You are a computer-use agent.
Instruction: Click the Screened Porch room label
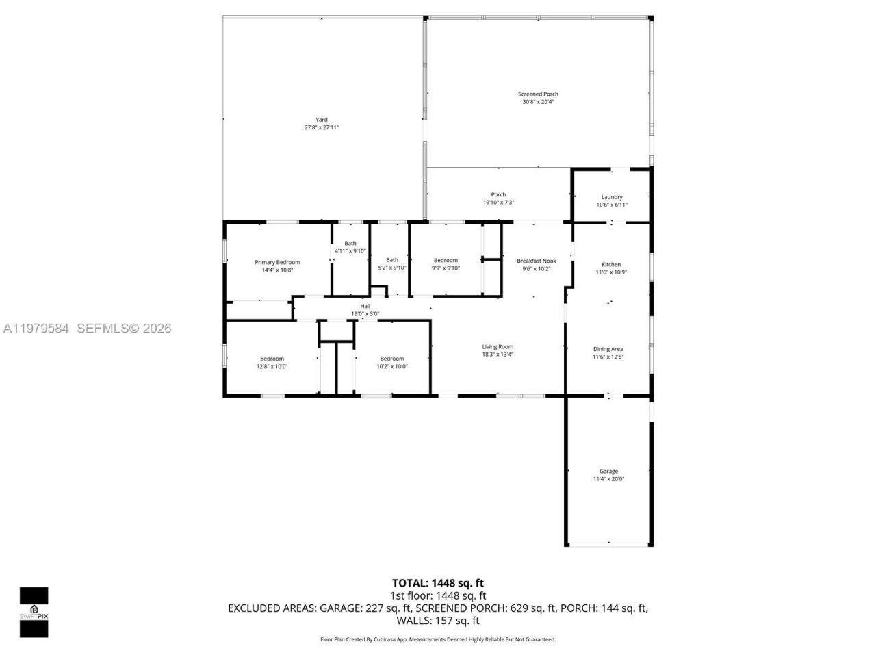click(538, 94)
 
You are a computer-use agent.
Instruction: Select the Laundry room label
click(611, 197)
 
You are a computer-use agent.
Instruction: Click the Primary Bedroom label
click(277, 262)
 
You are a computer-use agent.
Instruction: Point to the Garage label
click(608, 472)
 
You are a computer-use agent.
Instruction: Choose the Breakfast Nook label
click(537, 261)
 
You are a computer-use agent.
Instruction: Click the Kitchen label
click(611, 264)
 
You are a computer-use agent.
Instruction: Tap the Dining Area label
click(608, 349)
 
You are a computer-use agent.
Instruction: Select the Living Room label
click(498, 346)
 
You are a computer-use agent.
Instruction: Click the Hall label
click(365, 306)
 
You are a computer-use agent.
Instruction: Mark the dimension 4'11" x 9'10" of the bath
click(350, 251)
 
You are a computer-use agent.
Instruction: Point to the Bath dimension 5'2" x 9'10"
click(392, 268)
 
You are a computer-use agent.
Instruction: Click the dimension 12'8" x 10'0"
click(272, 366)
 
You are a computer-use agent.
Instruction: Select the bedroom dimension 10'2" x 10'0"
click(392, 366)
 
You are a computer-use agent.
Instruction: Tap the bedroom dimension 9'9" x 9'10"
click(446, 268)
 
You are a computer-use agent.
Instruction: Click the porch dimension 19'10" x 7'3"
click(498, 203)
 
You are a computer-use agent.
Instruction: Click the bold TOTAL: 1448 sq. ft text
click(438, 583)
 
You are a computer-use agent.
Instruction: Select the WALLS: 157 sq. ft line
click(438, 621)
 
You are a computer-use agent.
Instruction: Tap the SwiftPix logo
click(34, 612)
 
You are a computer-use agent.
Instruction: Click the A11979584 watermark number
click(36, 328)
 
